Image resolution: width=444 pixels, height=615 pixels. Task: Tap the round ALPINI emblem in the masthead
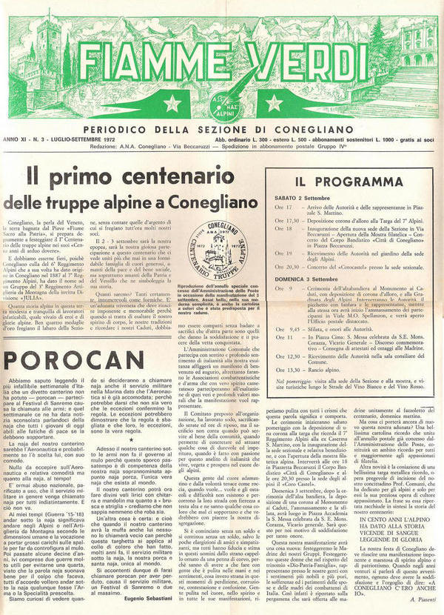221,104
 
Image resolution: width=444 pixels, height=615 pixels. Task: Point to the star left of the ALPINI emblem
172,104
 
